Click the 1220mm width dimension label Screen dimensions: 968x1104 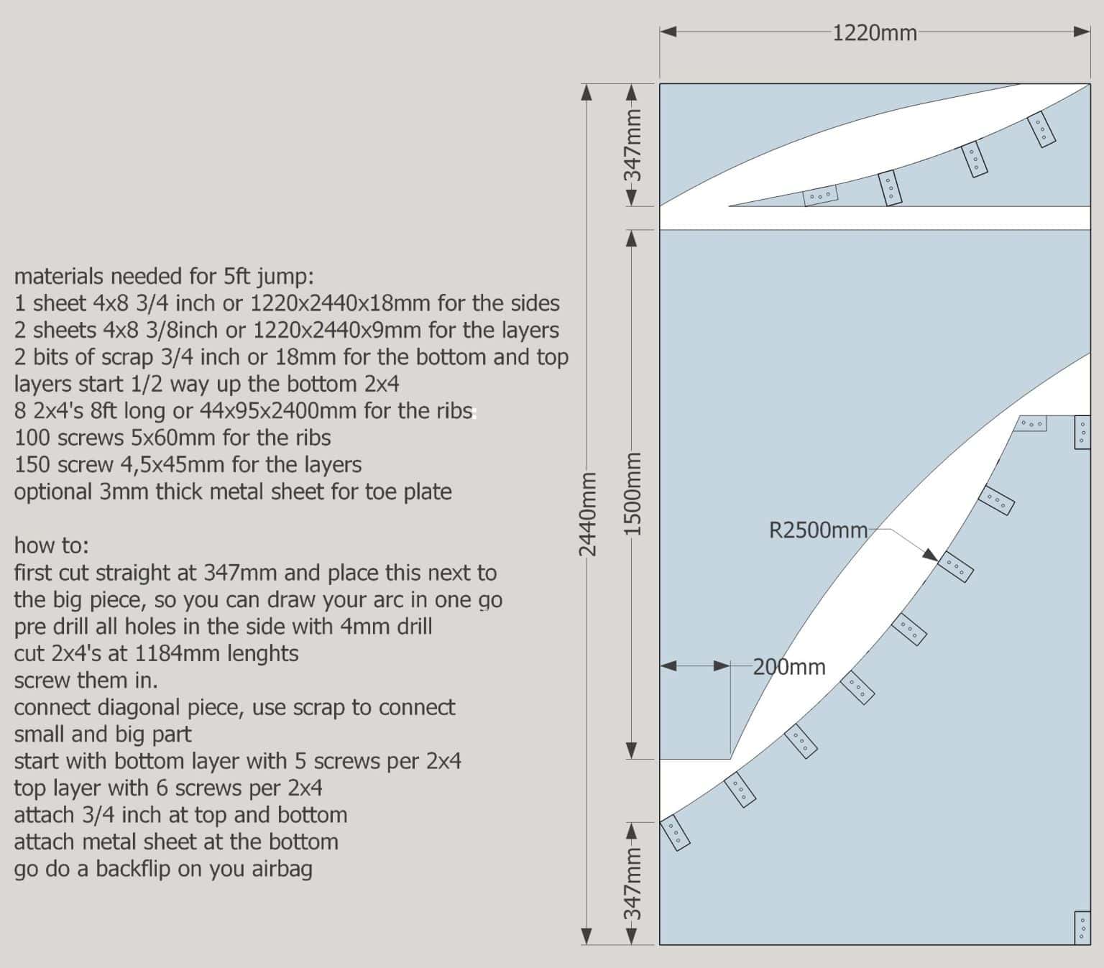click(875, 33)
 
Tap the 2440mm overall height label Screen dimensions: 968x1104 click(587, 514)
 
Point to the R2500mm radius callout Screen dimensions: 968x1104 click(818, 530)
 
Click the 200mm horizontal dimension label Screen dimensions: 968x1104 click(789, 667)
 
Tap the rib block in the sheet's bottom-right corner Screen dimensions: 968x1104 click(1082, 927)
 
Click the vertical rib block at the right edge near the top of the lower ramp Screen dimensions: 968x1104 click(1082, 432)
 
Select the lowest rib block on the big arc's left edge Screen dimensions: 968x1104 click(675, 832)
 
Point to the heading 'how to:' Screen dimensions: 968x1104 click(51, 545)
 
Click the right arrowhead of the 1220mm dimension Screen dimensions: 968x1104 click(1082, 32)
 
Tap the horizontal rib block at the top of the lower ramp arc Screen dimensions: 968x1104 click(1031, 423)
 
